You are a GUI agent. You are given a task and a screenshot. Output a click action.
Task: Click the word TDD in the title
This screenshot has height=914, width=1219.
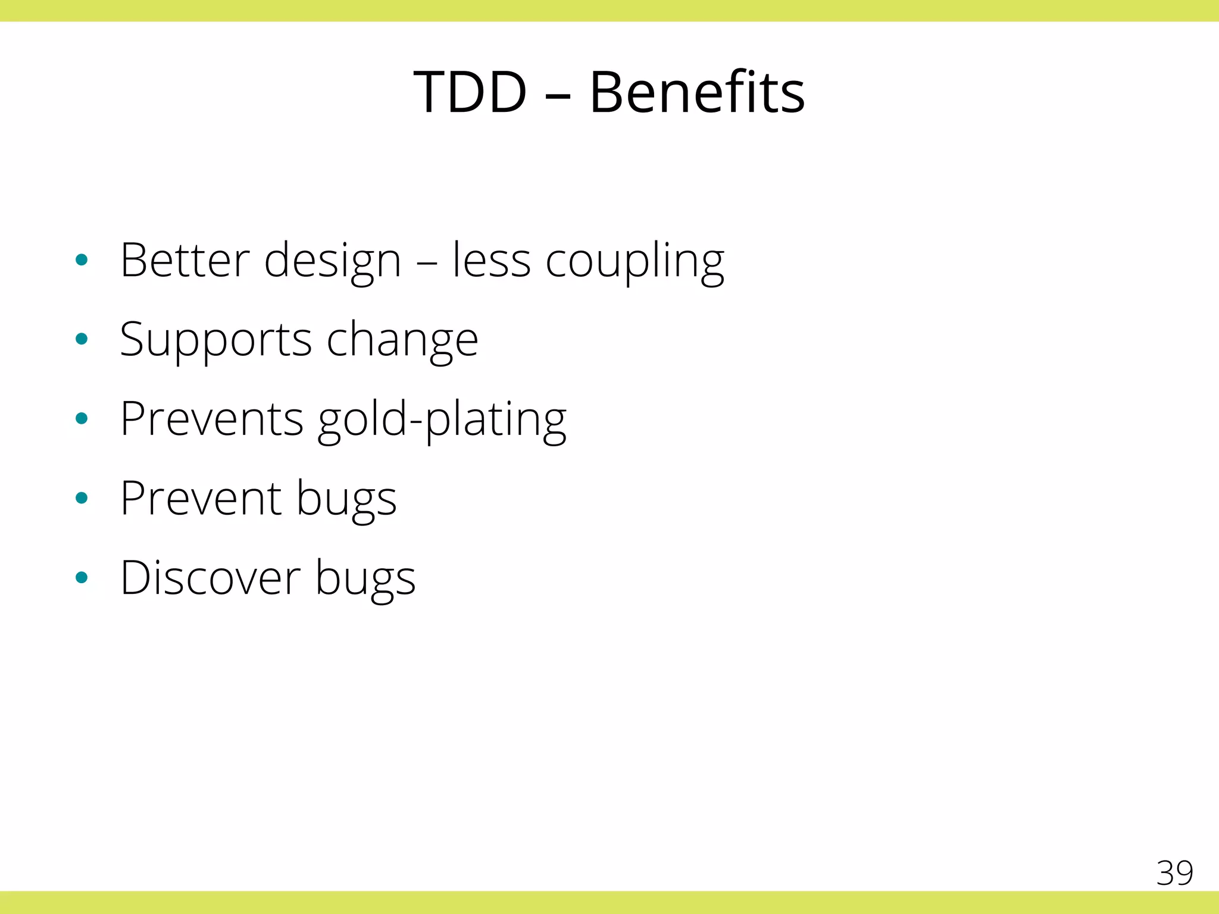[x=470, y=93]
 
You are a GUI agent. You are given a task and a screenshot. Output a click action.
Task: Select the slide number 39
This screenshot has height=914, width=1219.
[x=1174, y=873]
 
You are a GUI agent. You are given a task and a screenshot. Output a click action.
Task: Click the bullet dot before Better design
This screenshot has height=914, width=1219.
[x=82, y=260]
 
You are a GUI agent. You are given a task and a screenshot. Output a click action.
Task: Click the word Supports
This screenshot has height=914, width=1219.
[x=215, y=340]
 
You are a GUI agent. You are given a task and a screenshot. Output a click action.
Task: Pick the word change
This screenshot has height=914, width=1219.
[x=402, y=340]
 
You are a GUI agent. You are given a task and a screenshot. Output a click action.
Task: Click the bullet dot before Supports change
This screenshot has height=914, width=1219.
[x=82, y=339]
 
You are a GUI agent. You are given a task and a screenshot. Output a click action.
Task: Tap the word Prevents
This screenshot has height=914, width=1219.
[x=212, y=419]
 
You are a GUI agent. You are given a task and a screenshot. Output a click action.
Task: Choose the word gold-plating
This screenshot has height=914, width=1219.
[x=442, y=420]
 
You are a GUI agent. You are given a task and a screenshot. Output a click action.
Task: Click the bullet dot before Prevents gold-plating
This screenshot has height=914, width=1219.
[x=82, y=419]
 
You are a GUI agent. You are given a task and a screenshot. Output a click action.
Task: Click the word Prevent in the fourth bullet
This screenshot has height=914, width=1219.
[x=201, y=499]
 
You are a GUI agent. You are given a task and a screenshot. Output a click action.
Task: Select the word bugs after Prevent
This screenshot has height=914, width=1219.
[x=346, y=500]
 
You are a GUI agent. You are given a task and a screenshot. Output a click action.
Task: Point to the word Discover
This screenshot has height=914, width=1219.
[x=211, y=578]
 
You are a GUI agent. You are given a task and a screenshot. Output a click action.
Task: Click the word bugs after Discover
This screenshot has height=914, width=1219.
[x=365, y=580]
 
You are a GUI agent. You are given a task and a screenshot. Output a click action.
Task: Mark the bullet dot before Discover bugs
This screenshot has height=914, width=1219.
[x=82, y=577]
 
